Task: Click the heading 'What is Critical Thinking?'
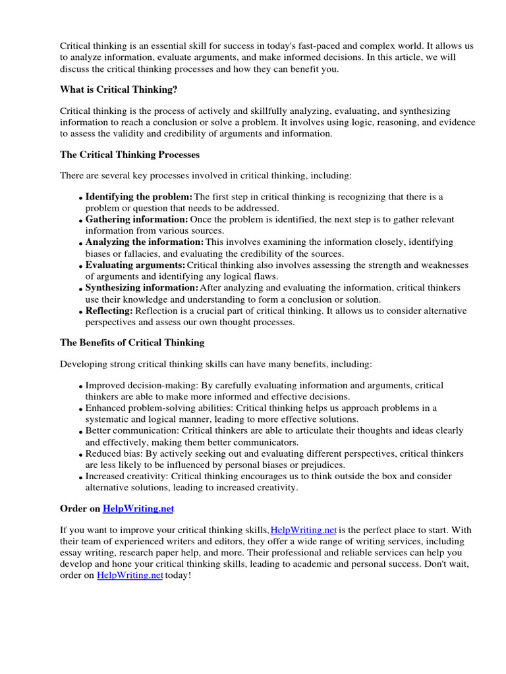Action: (x=119, y=90)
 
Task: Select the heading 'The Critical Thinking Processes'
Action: (x=130, y=155)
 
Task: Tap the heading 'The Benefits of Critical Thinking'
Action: (x=132, y=342)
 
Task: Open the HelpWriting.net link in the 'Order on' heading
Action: (x=139, y=509)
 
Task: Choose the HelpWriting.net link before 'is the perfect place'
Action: (x=304, y=530)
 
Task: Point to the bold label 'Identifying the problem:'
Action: (x=139, y=197)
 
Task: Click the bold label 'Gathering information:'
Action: (x=136, y=219)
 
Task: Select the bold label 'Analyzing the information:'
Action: (x=145, y=242)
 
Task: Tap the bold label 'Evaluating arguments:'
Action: (x=136, y=265)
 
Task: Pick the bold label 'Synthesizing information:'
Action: (x=142, y=288)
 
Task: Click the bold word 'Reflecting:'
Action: (x=109, y=311)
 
